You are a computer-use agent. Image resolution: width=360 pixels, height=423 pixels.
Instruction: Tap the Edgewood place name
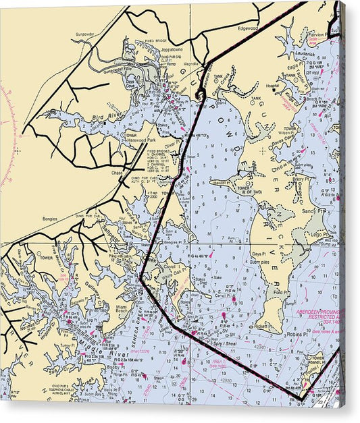pyautogui.click(x=246, y=28)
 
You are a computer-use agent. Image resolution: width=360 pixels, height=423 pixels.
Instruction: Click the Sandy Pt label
pyautogui.click(x=314, y=210)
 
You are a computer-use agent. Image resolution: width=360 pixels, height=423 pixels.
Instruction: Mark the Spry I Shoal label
pyautogui.click(x=212, y=335)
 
